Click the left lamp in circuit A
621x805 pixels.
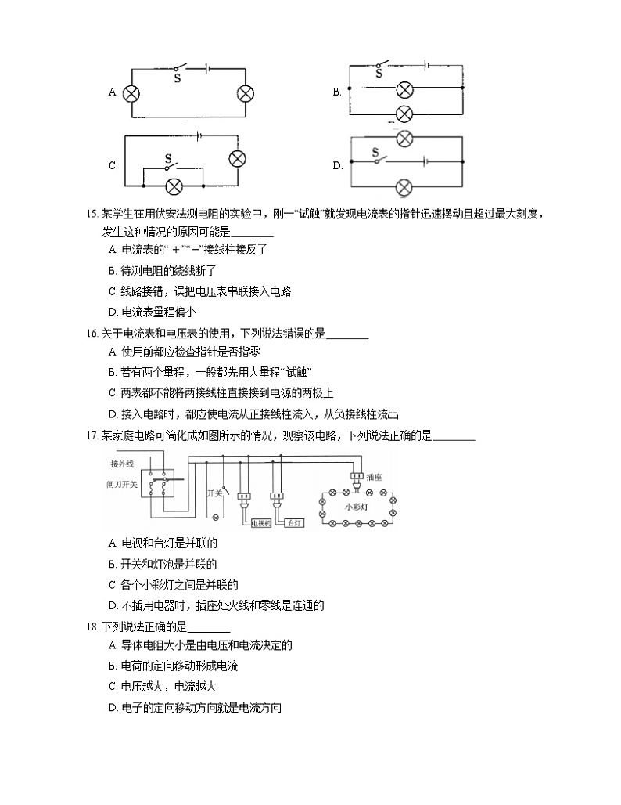pyautogui.click(x=132, y=92)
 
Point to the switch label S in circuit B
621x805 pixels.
pyautogui.click(x=379, y=74)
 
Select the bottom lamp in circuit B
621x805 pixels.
pyautogui.click(x=404, y=114)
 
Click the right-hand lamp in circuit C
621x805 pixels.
pyautogui.click(x=237, y=158)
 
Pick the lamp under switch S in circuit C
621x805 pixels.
pyautogui.click(x=173, y=186)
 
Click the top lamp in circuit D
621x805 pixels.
pyautogui.click(x=404, y=139)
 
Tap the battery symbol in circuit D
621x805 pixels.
pyautogui.click(x=425, y=162)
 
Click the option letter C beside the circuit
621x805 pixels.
pyautogui.click(x=113, y=166)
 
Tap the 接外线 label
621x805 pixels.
pyautogui.click(x=122, y=464)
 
